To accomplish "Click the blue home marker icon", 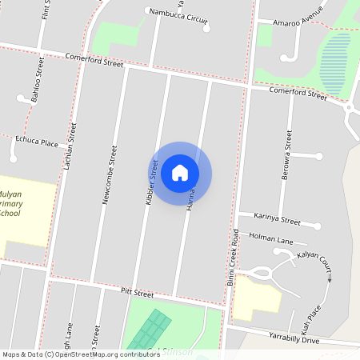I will pyautogui.click(x=180, y=172).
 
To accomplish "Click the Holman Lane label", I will pyautogui.click(x=271, y=238).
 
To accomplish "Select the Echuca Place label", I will pyautogui.click(x=37, y=142).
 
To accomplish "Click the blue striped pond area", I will pyautogui.click(x=335, y=62).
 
